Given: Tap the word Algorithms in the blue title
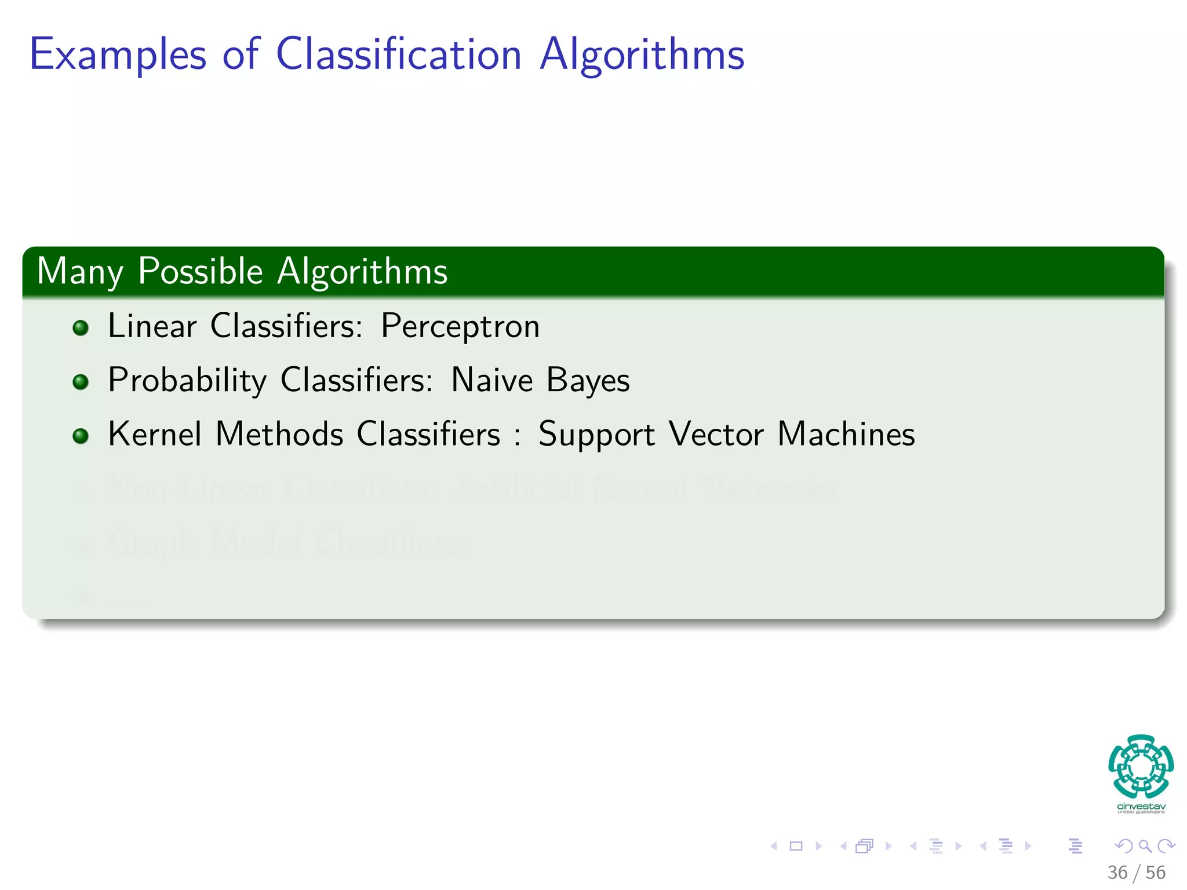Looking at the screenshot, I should [642, 55].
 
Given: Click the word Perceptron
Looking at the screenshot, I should [460, 326].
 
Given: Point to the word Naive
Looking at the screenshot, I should [491, 381].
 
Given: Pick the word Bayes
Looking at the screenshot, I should [588, 381].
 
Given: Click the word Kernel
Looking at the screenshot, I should [155, 434].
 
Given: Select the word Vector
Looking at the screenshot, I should [716, 434].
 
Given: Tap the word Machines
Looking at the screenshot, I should [846, 434].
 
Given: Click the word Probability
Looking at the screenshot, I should [187, 381].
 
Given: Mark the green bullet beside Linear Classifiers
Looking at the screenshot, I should [81, 328].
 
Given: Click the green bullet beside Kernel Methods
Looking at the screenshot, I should [81, 436].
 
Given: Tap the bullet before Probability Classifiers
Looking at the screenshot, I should [81, 382].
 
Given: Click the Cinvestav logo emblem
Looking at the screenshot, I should [1141, 767].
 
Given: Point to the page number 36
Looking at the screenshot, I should [1117, 873].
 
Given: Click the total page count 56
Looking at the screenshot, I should [1155, 873].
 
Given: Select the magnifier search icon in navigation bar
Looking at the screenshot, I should [1145, 846].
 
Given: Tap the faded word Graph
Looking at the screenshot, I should [152, 543].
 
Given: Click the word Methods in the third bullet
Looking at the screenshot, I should [279, 434].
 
